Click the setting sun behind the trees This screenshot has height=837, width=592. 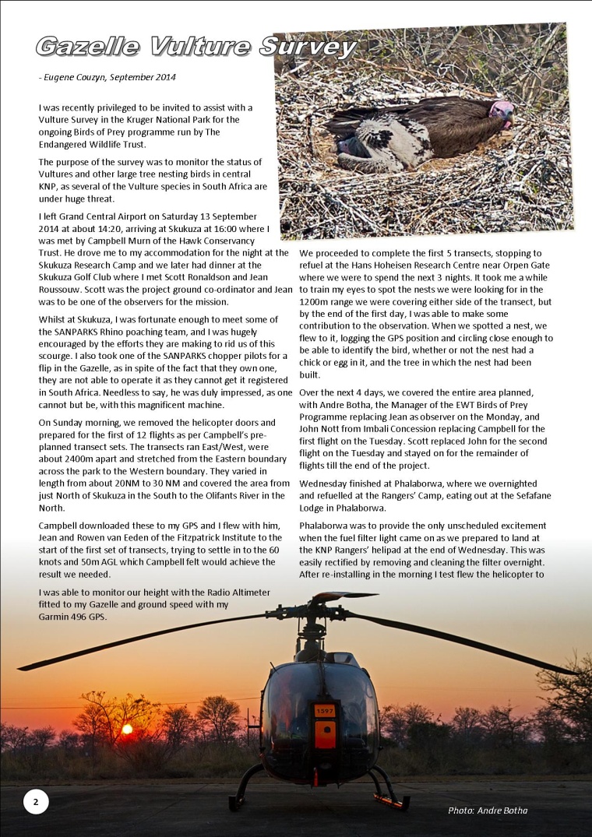pyautogui.click(x=126, y=730)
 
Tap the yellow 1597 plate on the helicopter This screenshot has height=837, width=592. pyautogui.click(x=324, y=711)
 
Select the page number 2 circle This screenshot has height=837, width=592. pyautogui.click(x=36, y=800)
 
